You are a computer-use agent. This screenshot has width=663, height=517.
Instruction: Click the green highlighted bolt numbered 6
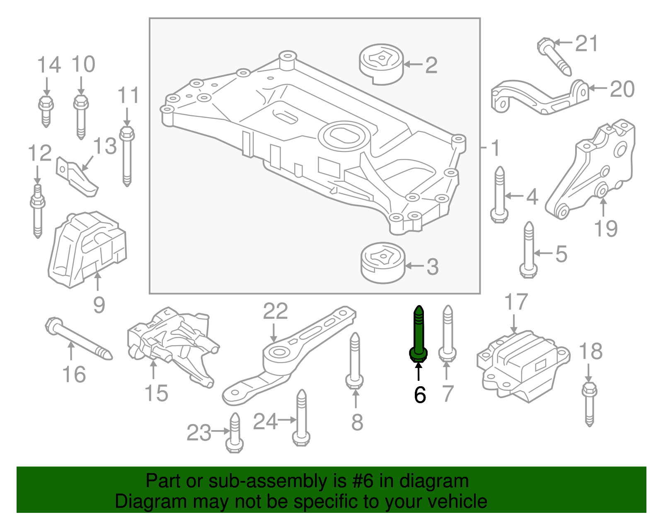[x=419, y=335]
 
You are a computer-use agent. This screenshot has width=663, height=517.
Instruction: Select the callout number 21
[x=587, y=43]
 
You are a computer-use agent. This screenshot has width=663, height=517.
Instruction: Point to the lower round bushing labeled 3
[x=382, y=263]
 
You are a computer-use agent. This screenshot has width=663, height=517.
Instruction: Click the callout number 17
[x=516, y=303]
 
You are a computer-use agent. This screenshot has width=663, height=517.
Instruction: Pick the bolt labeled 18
[x=589, y=404]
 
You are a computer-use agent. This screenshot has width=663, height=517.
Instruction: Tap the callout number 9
[x=99, y=305]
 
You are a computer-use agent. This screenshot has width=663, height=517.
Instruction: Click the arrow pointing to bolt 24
[x=287, y=420]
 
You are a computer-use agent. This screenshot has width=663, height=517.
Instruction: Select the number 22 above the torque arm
[x=275, y=311]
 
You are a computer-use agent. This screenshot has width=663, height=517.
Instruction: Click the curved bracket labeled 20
[x=539, y=97]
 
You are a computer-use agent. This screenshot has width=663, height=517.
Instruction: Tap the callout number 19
[x=605, y=228]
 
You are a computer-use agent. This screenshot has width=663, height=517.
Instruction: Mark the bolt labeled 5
[x=528, y=250]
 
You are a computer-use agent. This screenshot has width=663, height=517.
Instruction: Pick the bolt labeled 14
[x=46, y=109]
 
